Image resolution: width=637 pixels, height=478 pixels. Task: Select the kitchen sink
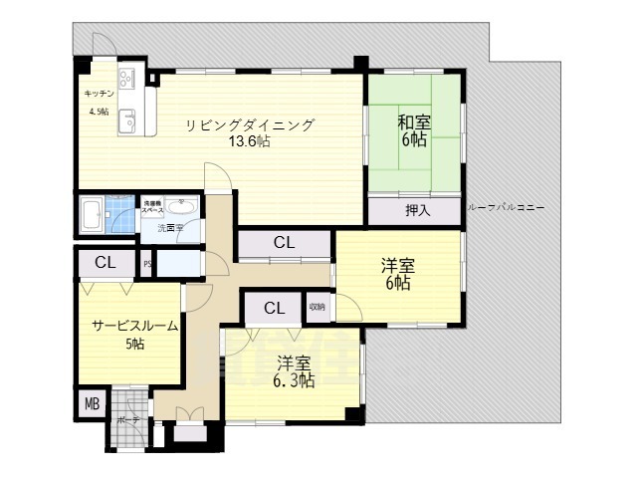point(128,122)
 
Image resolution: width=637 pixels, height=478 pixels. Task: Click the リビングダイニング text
point(249,125)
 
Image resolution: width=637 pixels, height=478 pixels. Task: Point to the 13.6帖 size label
point(249,141)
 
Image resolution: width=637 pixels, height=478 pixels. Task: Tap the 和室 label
point(414,123)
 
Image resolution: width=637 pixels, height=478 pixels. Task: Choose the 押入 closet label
point(418,210)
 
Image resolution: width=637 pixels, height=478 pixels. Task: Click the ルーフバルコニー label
point(505,206)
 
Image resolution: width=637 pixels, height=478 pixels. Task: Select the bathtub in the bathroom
point(92,213)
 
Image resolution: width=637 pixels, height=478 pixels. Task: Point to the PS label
point(147,264)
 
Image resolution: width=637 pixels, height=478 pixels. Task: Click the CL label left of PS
point(105,263)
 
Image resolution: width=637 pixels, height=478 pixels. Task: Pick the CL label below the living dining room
point(284,242)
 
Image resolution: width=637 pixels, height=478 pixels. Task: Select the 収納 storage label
point(317,306)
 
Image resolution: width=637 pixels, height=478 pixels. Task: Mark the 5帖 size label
point(134,345)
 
